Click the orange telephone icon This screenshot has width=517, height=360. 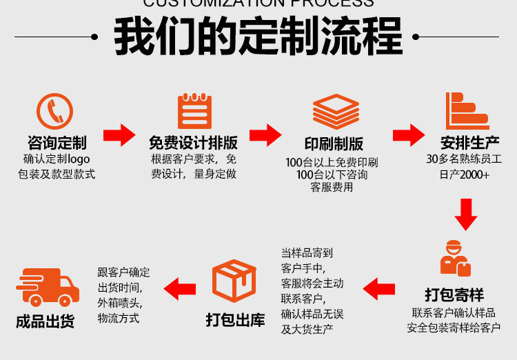[x=54, y=111]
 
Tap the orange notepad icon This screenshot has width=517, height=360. [x=194, y=111]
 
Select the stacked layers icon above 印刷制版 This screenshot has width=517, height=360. [x=336, y=111]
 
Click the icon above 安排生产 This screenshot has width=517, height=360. [x=467, y=111]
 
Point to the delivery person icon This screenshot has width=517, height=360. [x=455, y=259]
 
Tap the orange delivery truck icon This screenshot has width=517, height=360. [x=47, y=287]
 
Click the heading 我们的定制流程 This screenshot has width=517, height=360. [x=258, y=37]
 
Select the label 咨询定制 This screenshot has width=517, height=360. [x=57, y=143]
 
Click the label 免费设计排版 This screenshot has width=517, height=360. [x=194, y=143]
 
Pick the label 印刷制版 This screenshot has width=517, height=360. [x=334, y=144]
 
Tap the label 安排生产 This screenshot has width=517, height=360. [x=470, y=143]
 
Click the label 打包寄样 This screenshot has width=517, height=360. [x=454, y=295]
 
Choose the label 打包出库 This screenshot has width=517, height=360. [x=235, y=321]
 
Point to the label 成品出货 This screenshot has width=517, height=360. [x=45, y=321]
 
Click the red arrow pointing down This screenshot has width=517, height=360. [x=466, y=214]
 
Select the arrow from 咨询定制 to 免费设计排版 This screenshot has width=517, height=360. [x=119, y=134]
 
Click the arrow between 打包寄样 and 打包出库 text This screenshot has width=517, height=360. [x=378, y=288]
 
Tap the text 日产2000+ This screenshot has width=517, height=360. [x=464, y=174]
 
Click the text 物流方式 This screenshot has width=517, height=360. [x=119, y=318]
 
